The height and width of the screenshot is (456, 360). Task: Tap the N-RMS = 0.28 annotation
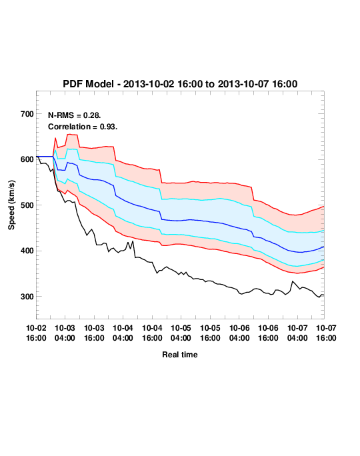75,115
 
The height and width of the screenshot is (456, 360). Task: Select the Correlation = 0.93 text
83,127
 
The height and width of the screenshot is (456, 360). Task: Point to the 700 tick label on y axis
27,114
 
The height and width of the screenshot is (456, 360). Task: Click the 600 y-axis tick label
27,159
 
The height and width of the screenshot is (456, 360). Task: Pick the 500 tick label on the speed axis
27,205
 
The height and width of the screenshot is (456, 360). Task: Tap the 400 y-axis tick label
27,251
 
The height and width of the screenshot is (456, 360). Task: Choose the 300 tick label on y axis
27,297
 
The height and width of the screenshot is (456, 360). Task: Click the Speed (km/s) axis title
11,205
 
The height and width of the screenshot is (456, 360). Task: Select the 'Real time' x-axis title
180,355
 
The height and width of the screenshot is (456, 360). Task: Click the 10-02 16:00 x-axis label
37,333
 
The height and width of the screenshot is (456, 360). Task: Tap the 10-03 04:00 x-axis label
65,333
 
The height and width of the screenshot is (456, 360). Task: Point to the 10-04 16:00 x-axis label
152,333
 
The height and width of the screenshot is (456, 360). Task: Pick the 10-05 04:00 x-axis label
181,333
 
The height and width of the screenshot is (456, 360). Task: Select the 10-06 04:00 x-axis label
239,333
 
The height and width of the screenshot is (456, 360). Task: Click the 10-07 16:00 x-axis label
326,333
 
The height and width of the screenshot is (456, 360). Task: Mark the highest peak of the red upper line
69,134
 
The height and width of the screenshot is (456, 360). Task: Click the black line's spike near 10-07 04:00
293,281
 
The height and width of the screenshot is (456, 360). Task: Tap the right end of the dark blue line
324,247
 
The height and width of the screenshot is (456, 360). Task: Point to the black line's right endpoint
324,295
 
